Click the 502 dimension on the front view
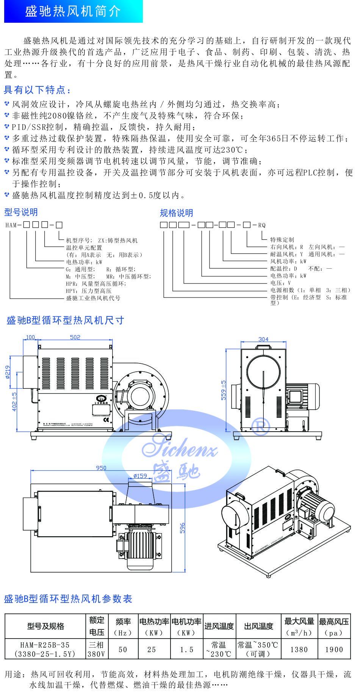point(75,337)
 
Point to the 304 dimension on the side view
point(263,339)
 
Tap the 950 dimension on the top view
point(101,468)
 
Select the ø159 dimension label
point(140,476)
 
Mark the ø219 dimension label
point(8,372)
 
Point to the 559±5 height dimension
point(224,390)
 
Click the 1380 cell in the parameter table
point(299,650)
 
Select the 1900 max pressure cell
point(334,650)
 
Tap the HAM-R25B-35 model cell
point(45,649)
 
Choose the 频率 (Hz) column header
point(123,627)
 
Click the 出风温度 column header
point(258,627)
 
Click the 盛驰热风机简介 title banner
point(73,11)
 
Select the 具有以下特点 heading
point(37,90)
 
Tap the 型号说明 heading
point(21,212)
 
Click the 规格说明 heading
point(176,213)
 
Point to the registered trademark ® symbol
point(261,426)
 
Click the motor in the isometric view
point(318,505)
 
